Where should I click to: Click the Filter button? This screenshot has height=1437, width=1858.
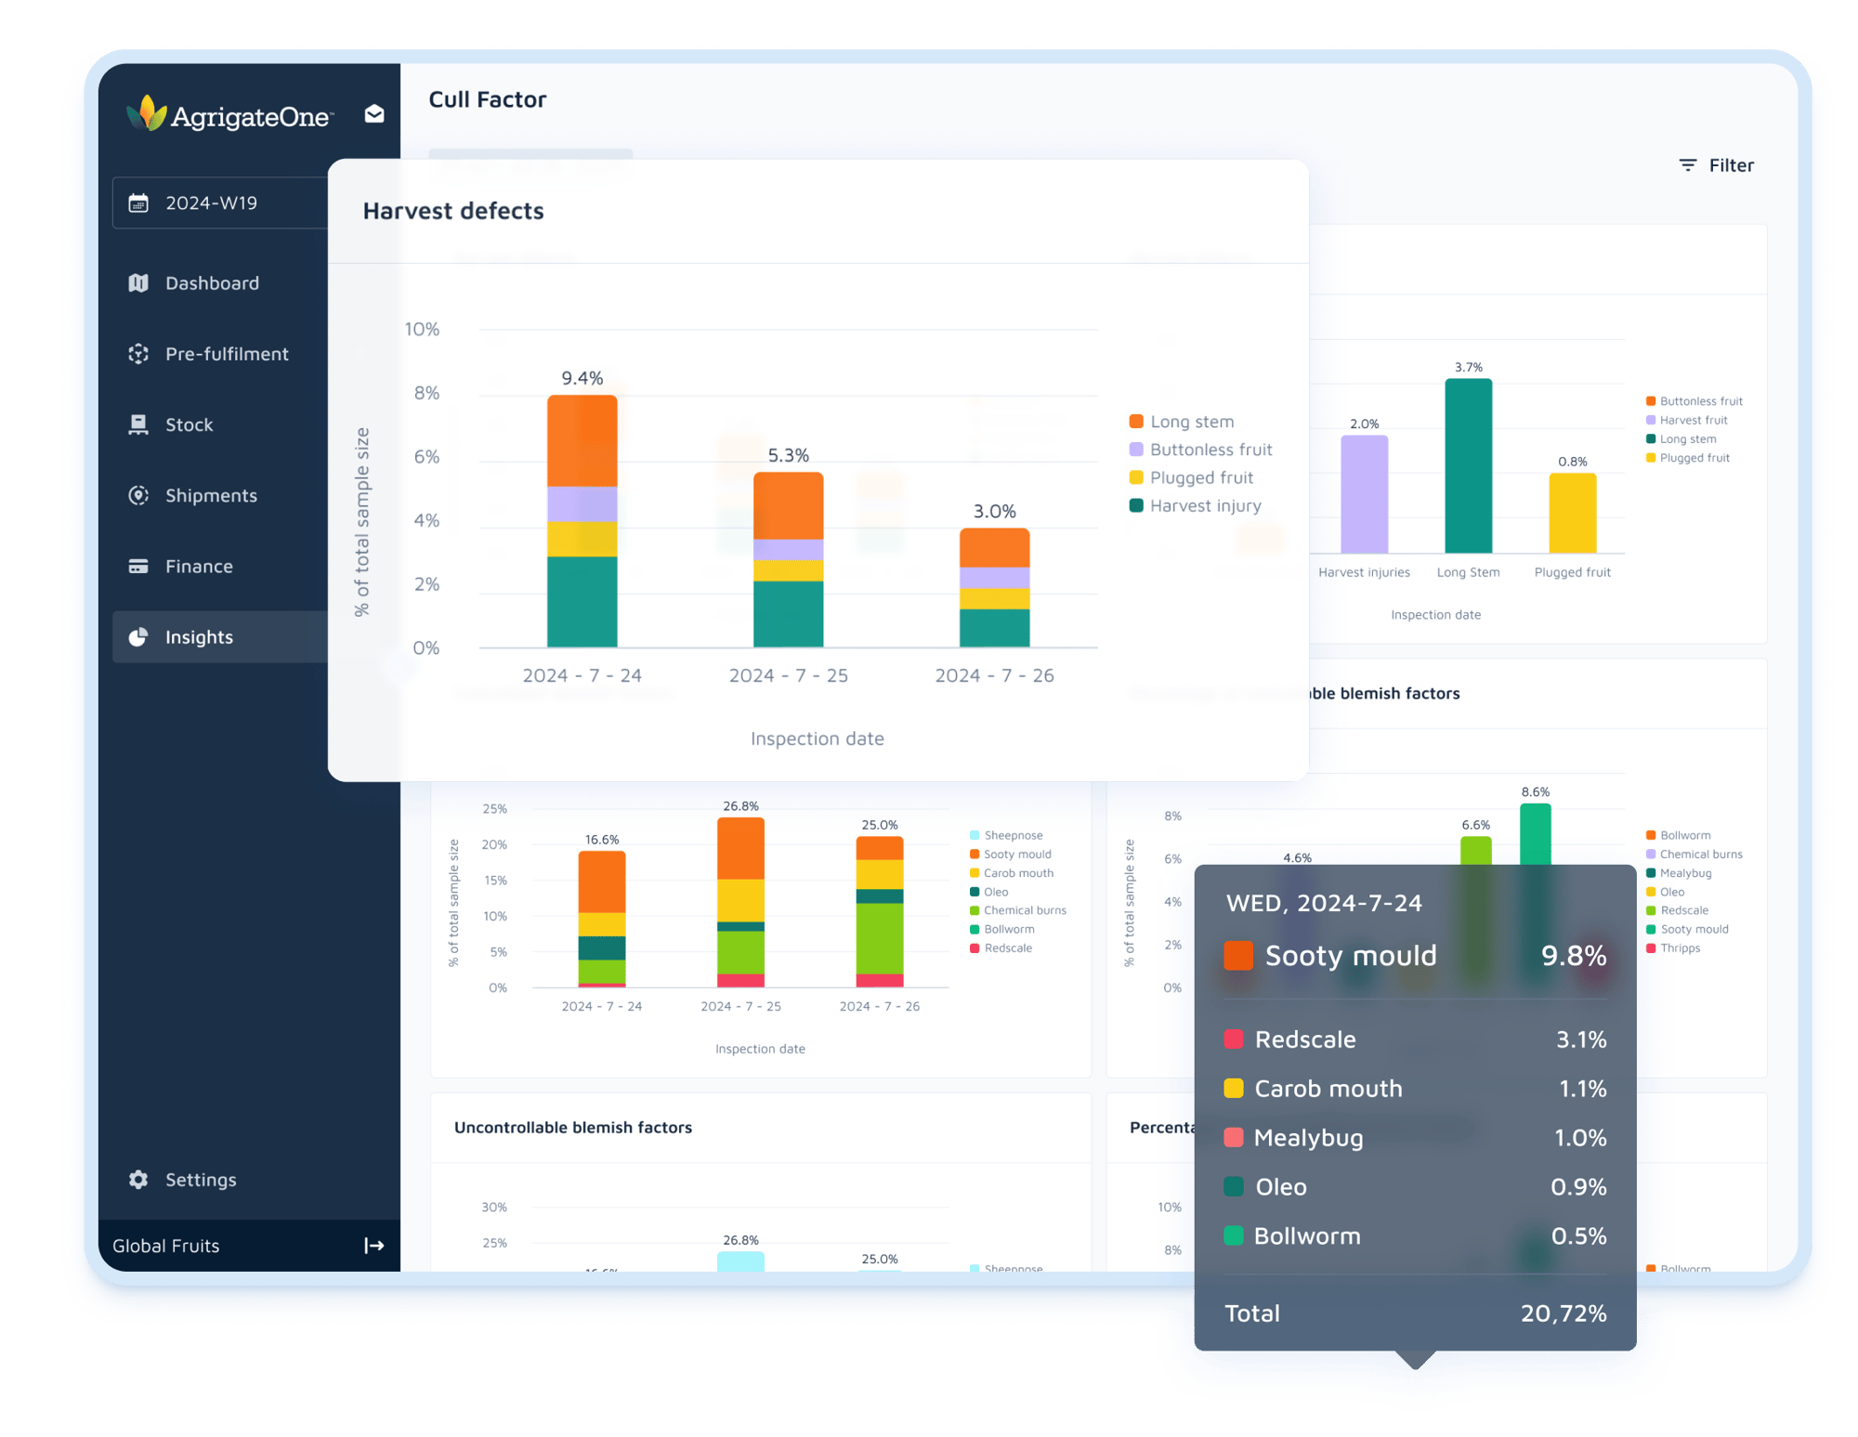tap(1717, 165)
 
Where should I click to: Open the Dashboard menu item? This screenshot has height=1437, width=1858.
tap(212, 283)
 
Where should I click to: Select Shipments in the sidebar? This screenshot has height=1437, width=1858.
tap(211, 496)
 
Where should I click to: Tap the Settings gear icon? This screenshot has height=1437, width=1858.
tap(138, 1180)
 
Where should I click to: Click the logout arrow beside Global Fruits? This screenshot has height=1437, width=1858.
tap(373, 1246)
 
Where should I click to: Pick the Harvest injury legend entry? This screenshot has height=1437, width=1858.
tap(1205, 506)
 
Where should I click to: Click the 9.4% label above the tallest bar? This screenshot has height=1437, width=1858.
tap(582, 378)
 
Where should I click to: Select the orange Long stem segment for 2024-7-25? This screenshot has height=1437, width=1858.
tap(788, 505)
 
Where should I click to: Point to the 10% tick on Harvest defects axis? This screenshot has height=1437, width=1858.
tap(422, 330)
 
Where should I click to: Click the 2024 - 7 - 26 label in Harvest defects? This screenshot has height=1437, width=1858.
tap(994, 675)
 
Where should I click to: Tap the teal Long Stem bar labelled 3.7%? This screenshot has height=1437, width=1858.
tap(1468, 464)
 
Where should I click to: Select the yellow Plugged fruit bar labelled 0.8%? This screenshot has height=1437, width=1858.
tap(1572, 513)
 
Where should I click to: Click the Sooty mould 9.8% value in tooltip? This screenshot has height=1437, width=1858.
tap(1574, 956)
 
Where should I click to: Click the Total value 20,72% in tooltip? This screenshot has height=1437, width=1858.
tap(1564, 1313)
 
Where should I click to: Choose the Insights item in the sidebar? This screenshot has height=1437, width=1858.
tap(199, 637)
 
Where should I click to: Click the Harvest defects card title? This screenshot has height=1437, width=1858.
tap(453, 211)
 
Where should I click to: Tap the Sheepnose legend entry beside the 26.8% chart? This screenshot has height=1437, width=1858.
tap(1013, 836)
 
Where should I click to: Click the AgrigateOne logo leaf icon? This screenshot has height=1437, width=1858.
tap(147, 113)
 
